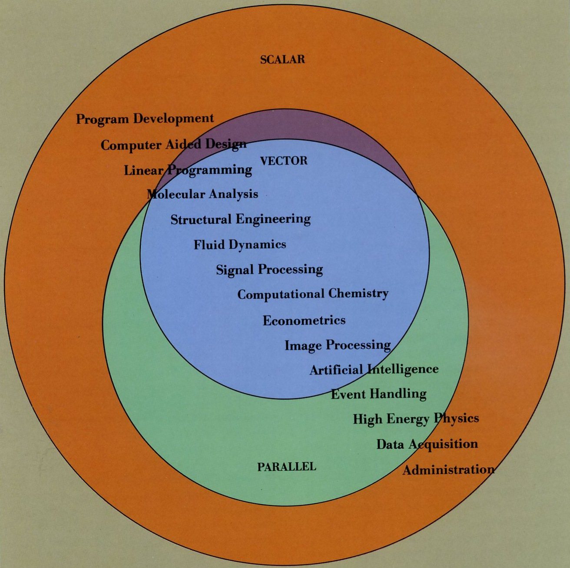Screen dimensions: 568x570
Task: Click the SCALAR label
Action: coord(282,59)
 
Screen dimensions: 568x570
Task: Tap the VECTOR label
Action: coord(283,161)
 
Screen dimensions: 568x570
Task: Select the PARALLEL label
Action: coord(287,467)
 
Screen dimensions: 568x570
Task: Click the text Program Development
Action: coord(145,119)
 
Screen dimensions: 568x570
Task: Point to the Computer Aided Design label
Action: coord(173,145)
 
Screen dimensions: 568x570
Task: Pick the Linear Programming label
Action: coord(188,170)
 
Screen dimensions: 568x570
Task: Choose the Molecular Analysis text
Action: coord(202,194)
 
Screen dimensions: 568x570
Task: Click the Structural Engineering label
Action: coord(240,219)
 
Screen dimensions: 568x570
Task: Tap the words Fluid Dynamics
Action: coord(240,245)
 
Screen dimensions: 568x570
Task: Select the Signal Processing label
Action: coord(269,270)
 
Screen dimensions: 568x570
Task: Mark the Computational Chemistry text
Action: coord(312,294)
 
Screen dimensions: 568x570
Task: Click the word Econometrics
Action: coord(304,320)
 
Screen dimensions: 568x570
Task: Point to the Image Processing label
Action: coord(338,345)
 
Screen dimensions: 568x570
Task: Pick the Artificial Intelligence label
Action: coord(374,370)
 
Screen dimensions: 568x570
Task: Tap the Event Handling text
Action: coord(378,394)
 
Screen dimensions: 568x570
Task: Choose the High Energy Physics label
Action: coord(415,419)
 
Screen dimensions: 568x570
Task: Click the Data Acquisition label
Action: coord(427,444)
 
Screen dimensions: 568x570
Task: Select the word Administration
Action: coord(448,470)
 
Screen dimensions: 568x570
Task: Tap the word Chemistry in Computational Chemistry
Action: coord(358,294)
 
